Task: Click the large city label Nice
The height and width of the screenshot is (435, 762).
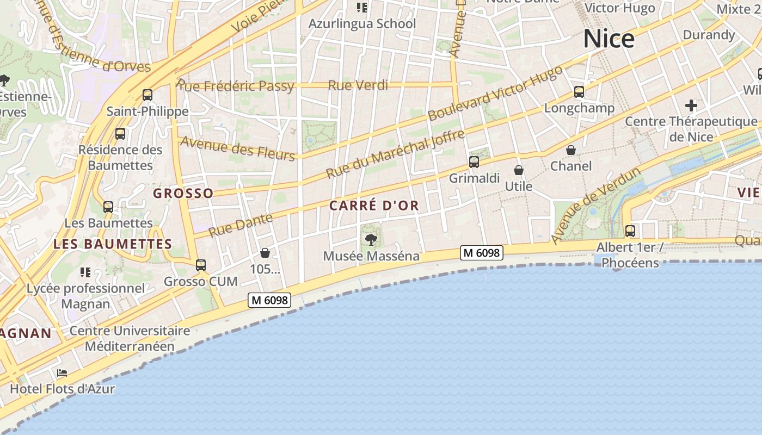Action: click(x=609, y=39)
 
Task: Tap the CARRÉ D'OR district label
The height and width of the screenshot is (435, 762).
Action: click(x=374, y=206)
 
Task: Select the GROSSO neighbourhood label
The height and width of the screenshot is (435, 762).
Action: click(x=183, y=193)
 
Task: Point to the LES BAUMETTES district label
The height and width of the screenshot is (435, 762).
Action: click(x=113, y=244)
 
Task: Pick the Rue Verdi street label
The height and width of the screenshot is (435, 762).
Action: click(x=358, y=85)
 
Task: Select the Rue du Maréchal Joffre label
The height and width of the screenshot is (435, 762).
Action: click(x=395, y=154)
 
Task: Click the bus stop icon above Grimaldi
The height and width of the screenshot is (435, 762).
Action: click(x=474, y=161)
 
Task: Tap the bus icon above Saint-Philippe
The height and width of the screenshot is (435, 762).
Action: click(x=148, y=95)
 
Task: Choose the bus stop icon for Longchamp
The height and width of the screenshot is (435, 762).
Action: click(x=579, y=92)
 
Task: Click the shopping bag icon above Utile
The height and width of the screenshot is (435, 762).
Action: click(x=519, y=170)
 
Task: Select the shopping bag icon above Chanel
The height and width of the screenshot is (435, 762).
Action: click(x=571, y=150)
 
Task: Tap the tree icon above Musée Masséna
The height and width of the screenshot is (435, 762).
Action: click(x=371, y=239)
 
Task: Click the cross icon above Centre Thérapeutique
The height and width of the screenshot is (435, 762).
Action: click(x=691, y=105)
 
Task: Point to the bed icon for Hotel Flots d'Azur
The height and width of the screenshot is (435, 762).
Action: click(x=62, y=373)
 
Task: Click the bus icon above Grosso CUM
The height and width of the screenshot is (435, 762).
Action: click(x=201, y=265)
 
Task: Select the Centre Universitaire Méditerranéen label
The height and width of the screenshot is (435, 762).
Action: click(x=130, y=338)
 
